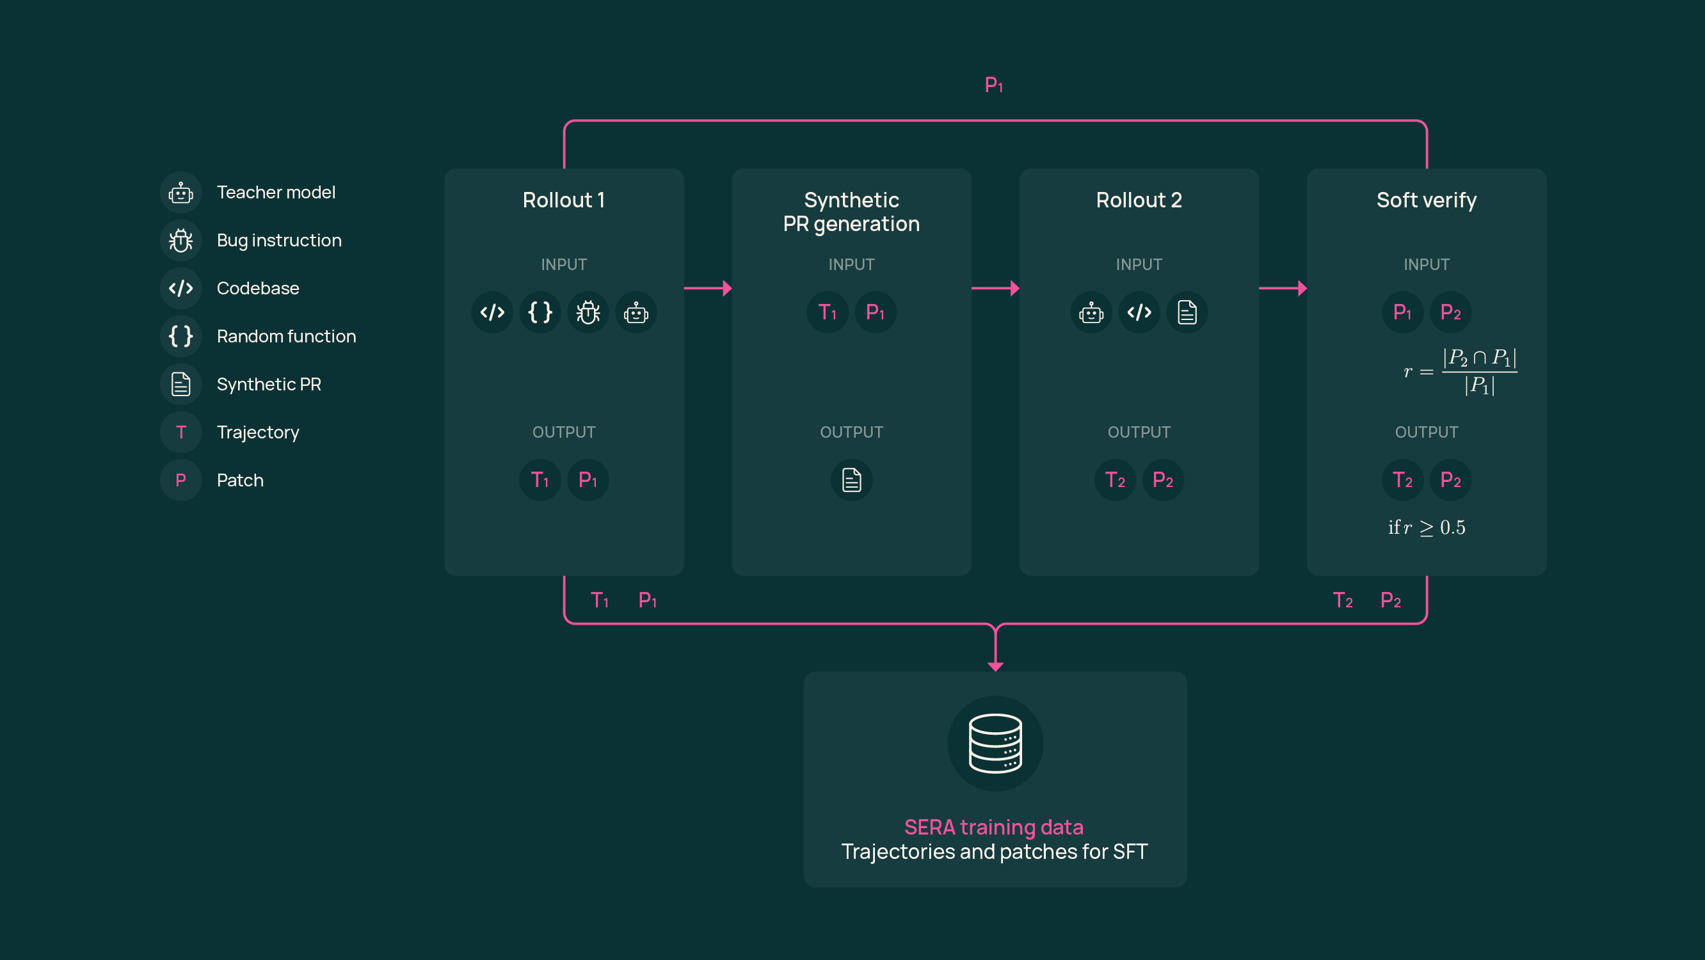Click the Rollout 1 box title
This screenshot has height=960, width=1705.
pos(563,200)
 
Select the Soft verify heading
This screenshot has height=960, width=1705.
pos(1426,200)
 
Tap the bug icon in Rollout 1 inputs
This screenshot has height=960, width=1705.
pos(588,312)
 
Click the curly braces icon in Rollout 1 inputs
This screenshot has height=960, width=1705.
pos(540,312)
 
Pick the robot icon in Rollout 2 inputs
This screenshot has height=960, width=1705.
pos(1091,312)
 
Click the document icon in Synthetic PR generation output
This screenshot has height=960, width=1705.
pos(851,480)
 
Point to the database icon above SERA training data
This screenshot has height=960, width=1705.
pos(995,743)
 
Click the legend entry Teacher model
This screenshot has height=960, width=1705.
pos(275,193)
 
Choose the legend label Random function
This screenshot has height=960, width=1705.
pos(286,337)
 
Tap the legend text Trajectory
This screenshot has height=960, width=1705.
pos(257,433)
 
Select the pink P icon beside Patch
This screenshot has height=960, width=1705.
pos(180,480)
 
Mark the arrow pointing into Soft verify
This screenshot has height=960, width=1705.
pos(1283,288)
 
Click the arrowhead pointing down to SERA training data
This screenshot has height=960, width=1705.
pos(995,665)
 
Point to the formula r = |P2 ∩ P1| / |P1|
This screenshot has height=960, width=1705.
pos(1459,371)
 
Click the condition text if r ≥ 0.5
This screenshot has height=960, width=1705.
pos(1427,527)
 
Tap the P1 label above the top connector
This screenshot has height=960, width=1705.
pos(993,84)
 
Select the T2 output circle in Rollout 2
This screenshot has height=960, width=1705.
pos(1116,480)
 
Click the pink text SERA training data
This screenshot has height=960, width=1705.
pos(993,827)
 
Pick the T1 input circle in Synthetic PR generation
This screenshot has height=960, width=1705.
pos(828,312)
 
